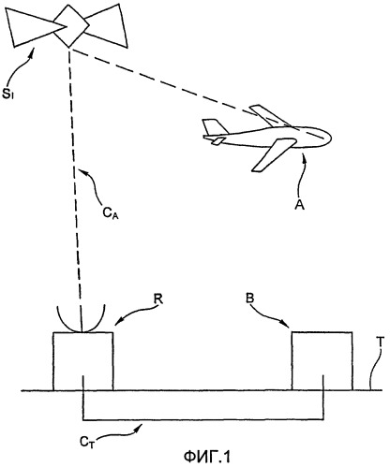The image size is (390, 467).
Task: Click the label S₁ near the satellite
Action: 7,95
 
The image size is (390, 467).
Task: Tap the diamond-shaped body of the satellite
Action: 70,25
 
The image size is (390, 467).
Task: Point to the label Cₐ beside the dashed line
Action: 110,213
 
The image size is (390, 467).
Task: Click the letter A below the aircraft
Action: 299,205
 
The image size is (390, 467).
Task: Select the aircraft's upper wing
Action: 267,115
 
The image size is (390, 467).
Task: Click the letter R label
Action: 158,299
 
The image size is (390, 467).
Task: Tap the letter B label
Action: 249,299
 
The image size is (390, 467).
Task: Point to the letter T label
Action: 380,343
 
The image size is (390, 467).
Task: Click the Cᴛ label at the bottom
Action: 87,443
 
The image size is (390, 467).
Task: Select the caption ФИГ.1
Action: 206,458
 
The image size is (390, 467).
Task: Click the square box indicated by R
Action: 83,361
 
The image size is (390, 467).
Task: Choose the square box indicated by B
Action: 322,361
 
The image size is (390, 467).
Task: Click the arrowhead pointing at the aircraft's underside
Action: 305,156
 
